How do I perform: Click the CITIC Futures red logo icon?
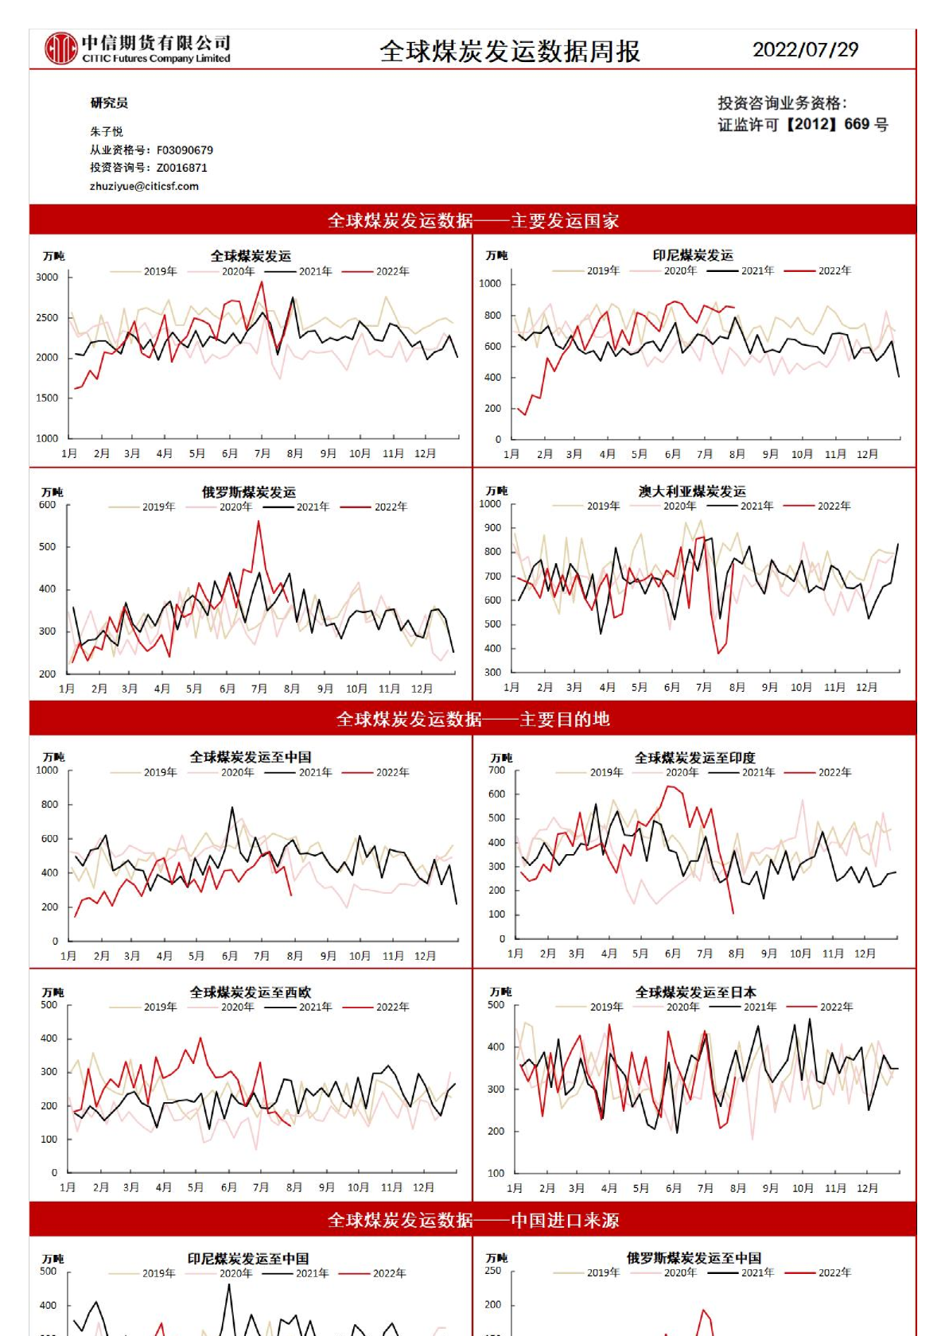(x=60, y=49)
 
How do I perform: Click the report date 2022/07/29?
(x=805, y=49)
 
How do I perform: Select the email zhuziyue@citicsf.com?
(x=144, y=186)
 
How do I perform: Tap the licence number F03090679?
(x=185, y=150)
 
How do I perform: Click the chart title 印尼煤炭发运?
(x=692, y=255)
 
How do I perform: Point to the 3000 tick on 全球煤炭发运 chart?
(x=47, y=277)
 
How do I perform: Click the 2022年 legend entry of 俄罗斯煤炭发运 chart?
(x=390, y=507)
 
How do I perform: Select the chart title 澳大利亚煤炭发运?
(x=692, y=491)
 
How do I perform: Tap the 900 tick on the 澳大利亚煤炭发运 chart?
(x=493, y=527)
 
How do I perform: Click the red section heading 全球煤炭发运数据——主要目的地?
(x=472, y=719)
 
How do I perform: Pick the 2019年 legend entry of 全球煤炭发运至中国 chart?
(x=159, y=772)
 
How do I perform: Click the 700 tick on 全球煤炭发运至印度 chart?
(x=496, y=770)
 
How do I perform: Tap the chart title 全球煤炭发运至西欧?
(x=250, y=992)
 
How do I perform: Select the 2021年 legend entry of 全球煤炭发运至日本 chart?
(x=759, y=1007)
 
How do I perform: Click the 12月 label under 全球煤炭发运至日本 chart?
(x=867, y=1188)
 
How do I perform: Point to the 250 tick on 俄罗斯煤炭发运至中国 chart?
(x=493, y=1271)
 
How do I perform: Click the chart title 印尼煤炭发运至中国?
(x=248, y=1259)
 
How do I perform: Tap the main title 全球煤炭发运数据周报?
(x=510, y=51)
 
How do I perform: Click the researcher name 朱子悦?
(x=107, y=131)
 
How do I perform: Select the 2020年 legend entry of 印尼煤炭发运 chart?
(x=679, y=270)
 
